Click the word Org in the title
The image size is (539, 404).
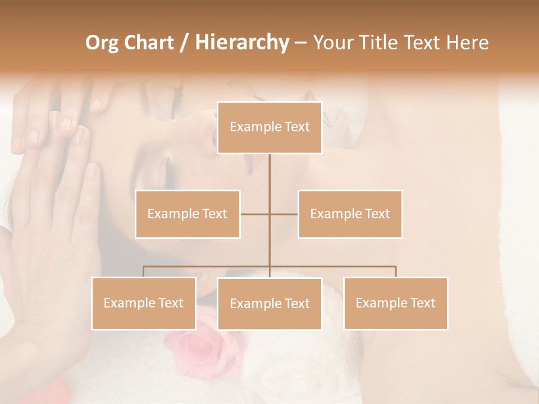point(102,43)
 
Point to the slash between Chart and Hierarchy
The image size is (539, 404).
point(184,43)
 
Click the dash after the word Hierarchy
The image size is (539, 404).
point(300,43)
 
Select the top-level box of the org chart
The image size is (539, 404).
point(269,127)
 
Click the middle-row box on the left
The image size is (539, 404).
point(188,214)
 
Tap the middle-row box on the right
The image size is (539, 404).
point(350,214)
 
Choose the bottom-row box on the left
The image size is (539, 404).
point(143,303)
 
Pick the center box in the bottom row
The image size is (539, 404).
point(269,304)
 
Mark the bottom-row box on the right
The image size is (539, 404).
point(395,303)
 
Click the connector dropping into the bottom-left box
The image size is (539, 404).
point(143,272)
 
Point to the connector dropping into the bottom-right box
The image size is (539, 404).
point(396,272)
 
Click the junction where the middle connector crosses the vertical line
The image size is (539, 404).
point(269,214)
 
